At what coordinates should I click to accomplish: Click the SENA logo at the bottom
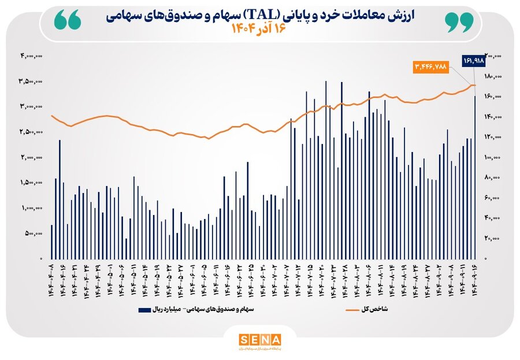(260, 339)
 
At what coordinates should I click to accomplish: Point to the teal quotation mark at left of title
(69, 21)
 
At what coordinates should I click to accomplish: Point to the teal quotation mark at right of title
(459, 21)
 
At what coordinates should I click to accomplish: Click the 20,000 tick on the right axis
(492, 238)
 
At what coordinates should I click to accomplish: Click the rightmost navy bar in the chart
(475, 177)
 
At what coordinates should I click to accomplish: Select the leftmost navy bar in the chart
(51, 242)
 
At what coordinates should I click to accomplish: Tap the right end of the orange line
(475, 86)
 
